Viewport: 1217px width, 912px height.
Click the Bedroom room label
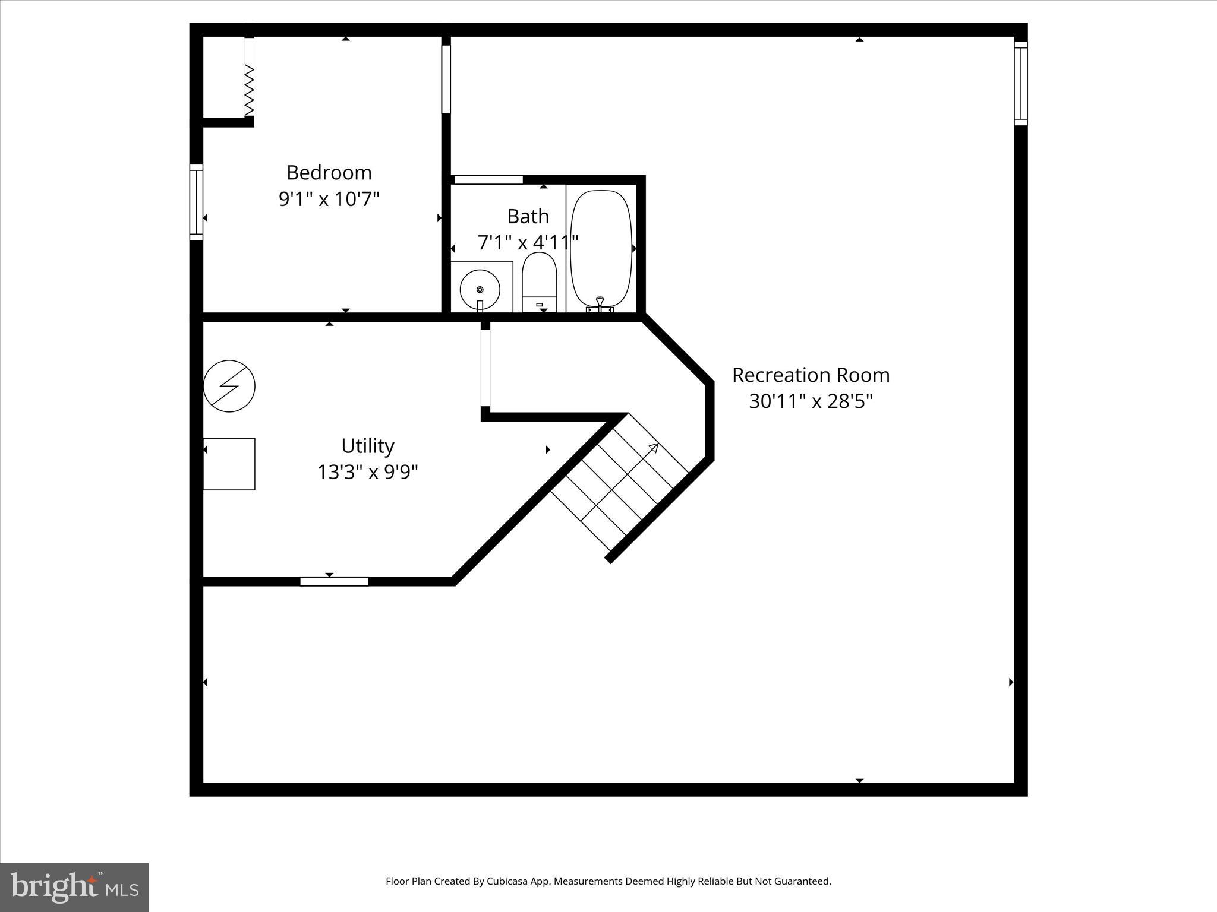329,173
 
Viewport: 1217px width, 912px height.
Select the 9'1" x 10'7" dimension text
329,199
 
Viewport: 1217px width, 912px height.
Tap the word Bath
528,217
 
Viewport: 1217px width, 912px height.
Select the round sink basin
480,290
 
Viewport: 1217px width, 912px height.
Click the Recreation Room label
811,375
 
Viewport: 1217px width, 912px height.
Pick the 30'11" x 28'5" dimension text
811,402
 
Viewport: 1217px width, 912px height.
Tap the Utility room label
367,446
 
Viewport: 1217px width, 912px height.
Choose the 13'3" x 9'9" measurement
367,473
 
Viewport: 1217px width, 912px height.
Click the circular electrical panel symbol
229,386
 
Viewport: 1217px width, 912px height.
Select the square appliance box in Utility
229,464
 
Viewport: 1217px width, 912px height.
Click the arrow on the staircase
652,449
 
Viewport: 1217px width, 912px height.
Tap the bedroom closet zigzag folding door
250,90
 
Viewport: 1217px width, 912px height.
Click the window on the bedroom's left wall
196,202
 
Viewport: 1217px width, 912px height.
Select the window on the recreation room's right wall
1020,84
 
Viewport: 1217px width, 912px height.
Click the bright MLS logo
74,887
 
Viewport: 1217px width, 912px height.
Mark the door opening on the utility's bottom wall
334,581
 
